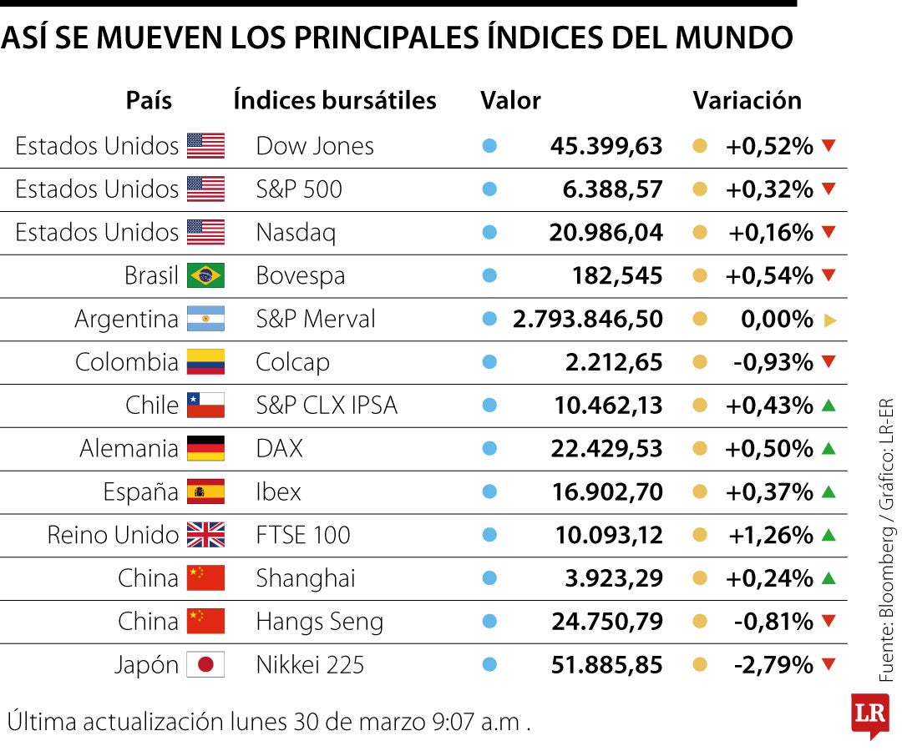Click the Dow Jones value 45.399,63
[x=606, y=146]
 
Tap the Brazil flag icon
[x=205, y=275]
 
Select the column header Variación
[x=747, y=100]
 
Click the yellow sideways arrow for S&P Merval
[x=829, y=320]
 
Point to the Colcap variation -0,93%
[x=773, y=362]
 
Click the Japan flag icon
[x=205, y=665]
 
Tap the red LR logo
[x=869, y=714]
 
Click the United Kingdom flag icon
[x=205, y=535]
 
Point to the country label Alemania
[x=129, y=449]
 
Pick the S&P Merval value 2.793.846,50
[x=588, y=319]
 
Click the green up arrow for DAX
[x=829, y=448]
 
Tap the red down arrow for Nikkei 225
[x=829, y=665]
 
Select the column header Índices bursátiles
[x=335, y=100]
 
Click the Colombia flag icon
[x=205, y=362]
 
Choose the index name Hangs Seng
[x=319, y=622]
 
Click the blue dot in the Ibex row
[x=490, y=491]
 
